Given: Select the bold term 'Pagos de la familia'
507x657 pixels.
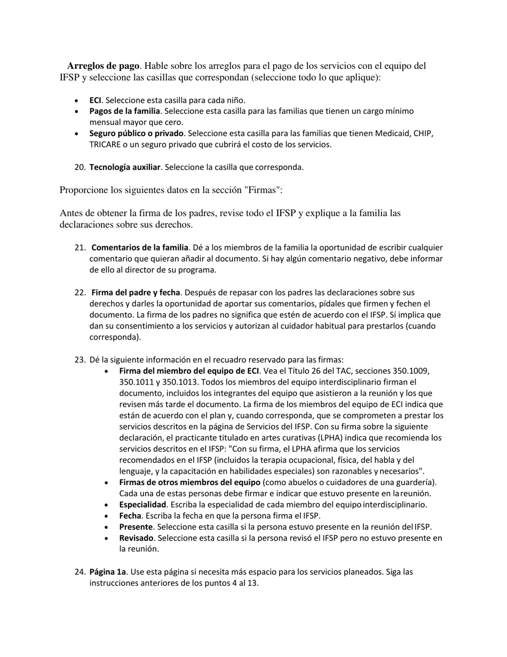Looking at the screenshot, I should point(124,111).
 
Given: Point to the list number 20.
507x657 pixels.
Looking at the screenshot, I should point(80,167).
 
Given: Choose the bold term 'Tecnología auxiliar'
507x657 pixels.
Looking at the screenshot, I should point(124,167).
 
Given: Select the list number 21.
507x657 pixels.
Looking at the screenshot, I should point(80,248).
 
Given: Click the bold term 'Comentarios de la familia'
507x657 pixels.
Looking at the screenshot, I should point(140,248).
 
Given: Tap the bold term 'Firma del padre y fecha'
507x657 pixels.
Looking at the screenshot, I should point(136,293).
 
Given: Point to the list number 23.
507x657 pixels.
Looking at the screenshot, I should point(80,359).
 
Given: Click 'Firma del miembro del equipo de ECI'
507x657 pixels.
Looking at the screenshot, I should point(189,371).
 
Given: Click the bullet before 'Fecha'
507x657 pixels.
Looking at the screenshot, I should point(108,516).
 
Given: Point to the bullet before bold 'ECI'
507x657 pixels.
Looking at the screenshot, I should point(78,100).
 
